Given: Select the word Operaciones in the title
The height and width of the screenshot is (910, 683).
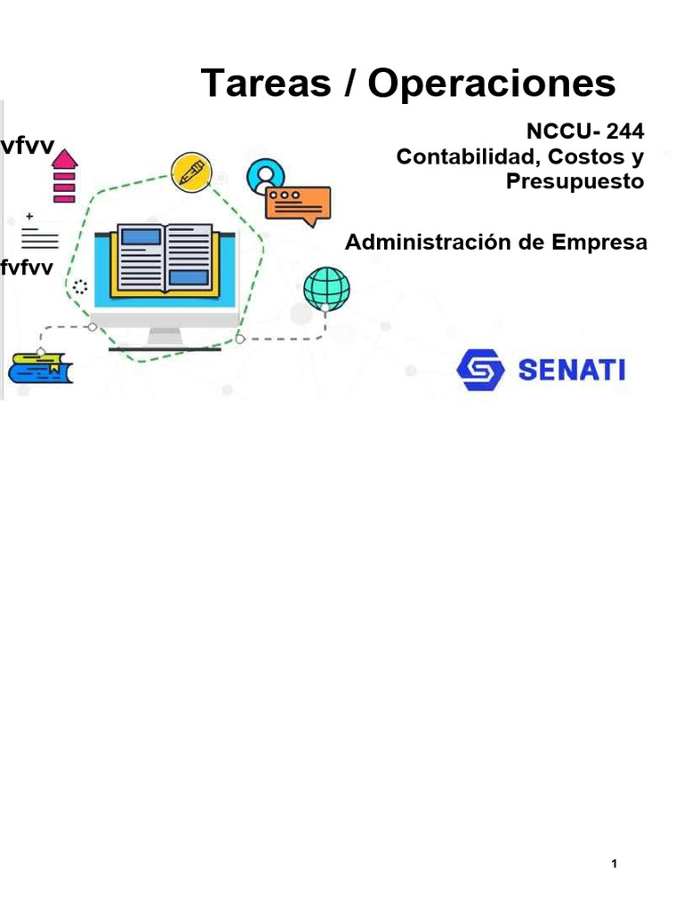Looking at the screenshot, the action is tap(492, 84).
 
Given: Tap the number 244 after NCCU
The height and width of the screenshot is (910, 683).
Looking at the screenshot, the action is tap(624, 132).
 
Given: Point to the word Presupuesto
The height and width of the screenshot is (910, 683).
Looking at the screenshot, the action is tap(574, 181).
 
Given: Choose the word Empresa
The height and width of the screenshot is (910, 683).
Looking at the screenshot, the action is tap(600, 242).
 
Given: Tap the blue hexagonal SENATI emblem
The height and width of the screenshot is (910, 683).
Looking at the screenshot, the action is tap(480, 370).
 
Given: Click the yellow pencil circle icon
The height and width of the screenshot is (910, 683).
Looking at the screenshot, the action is tap(192, 171).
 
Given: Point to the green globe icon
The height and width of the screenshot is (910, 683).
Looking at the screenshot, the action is tap(326, 288).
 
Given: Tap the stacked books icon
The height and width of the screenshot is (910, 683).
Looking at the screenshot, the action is tap(40, 367).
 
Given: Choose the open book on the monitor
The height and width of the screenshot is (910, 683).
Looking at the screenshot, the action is tap(165, 259).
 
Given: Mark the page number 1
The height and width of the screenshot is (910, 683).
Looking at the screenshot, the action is tap(615, 864).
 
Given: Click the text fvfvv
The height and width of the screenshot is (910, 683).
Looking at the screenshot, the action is tap(27, 269).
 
